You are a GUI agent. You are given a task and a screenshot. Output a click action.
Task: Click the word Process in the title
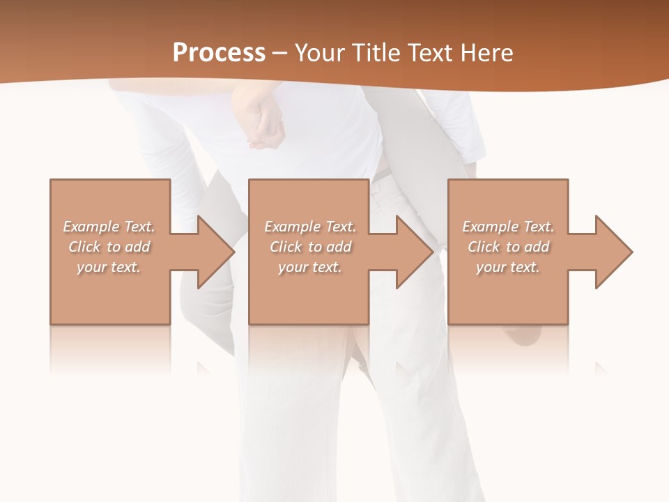219,53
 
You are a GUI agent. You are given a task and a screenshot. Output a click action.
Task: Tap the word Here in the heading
486,53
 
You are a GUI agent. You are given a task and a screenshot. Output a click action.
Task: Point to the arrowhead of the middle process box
414,252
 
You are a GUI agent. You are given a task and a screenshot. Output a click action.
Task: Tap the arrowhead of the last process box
613,252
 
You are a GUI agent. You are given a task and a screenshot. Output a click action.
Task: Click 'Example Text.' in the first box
109,227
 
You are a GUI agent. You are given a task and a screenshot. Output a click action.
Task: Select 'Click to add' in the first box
109,247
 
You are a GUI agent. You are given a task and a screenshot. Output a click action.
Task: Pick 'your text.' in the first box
109,267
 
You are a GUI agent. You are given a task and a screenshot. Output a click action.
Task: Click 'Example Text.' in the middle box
309,227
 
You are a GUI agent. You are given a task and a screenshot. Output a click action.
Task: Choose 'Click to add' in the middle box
309,247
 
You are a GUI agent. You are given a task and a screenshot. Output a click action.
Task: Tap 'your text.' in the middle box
309,267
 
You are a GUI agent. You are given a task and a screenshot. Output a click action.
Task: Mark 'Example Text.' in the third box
508,227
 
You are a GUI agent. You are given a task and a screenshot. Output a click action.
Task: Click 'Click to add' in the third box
508,247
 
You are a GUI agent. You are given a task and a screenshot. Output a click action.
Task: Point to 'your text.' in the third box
508,267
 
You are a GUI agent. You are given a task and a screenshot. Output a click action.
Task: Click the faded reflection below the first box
109,349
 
